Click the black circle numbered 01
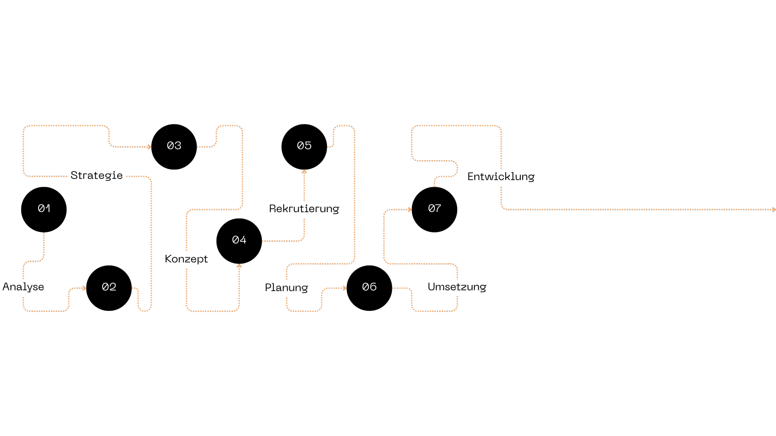click(44, 210)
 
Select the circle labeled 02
click(109, 288)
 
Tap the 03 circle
click(174, 147)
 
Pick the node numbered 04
click(239, 241)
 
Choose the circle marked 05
click(304, 147)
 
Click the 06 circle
click(369, 288)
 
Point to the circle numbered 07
click(434, 210)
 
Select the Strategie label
click(97, 176)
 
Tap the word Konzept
click(186, 259)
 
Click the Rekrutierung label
click(304, 209)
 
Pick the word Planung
click(286, 288)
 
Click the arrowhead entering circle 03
click(149, 147)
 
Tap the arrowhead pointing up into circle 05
click(304, 172)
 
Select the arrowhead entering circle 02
click(84, 288)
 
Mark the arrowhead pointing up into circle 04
click(239, 266)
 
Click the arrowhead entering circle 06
click(345, 288)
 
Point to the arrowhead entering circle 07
click(410, 210)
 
